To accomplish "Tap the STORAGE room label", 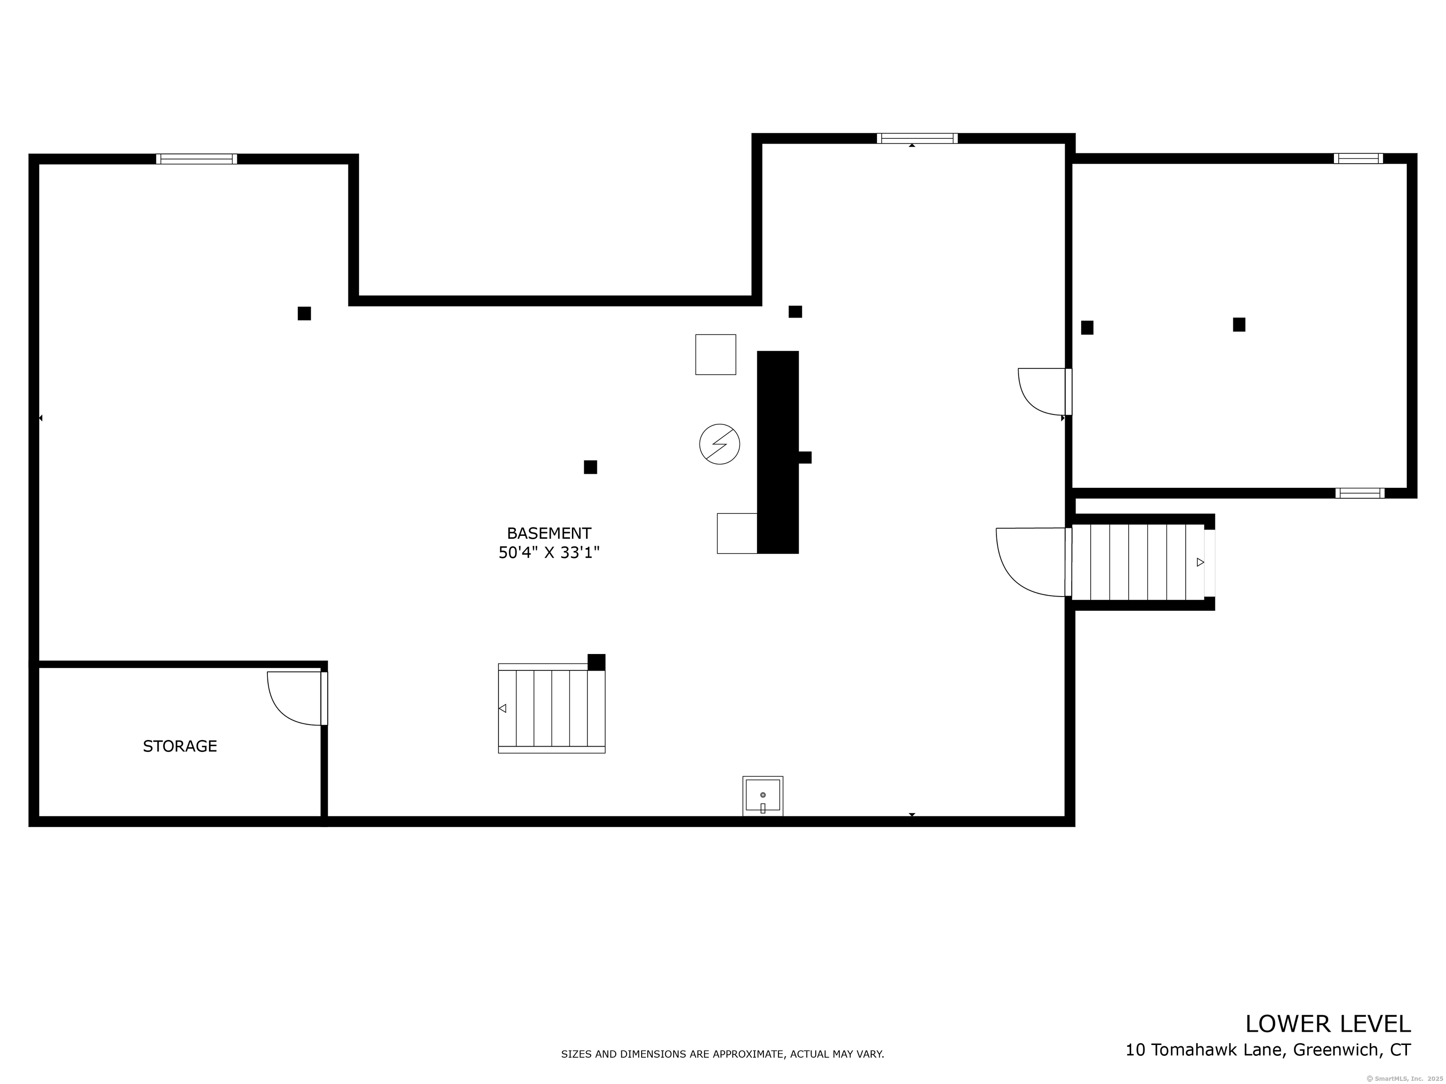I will (180, 746).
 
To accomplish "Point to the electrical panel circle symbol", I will (719, 444).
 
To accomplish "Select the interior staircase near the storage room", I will (551, 708).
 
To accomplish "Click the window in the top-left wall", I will (196, 159).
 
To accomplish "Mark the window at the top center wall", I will (916, 138).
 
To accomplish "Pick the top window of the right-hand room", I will (1358, 158).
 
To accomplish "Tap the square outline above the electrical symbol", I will (715, 354).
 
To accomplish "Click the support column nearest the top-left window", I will (304, 314).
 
